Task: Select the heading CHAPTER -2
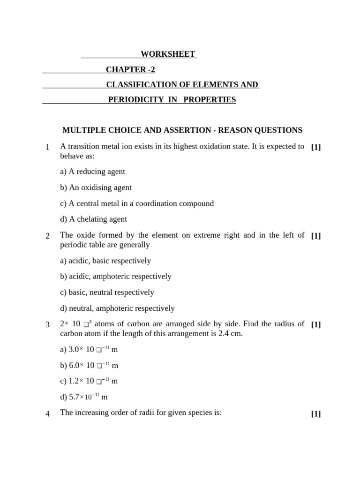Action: [130, 70]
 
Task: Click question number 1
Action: [48, 148]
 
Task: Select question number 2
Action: [48, 236]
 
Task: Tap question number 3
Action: [48, 324]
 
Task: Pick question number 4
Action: [48, 413]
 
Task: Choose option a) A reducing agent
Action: [92, 172]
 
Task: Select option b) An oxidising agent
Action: [96, 187]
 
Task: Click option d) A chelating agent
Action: [93, 219]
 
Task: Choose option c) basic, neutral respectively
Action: [107, 292]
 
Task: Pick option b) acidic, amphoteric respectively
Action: [115, 276]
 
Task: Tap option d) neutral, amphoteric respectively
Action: [117, 308]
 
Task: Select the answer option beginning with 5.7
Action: [83, 397]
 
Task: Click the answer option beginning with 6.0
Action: [89, 365]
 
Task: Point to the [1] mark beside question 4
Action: [315, 413]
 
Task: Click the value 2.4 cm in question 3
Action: [231, 333]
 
